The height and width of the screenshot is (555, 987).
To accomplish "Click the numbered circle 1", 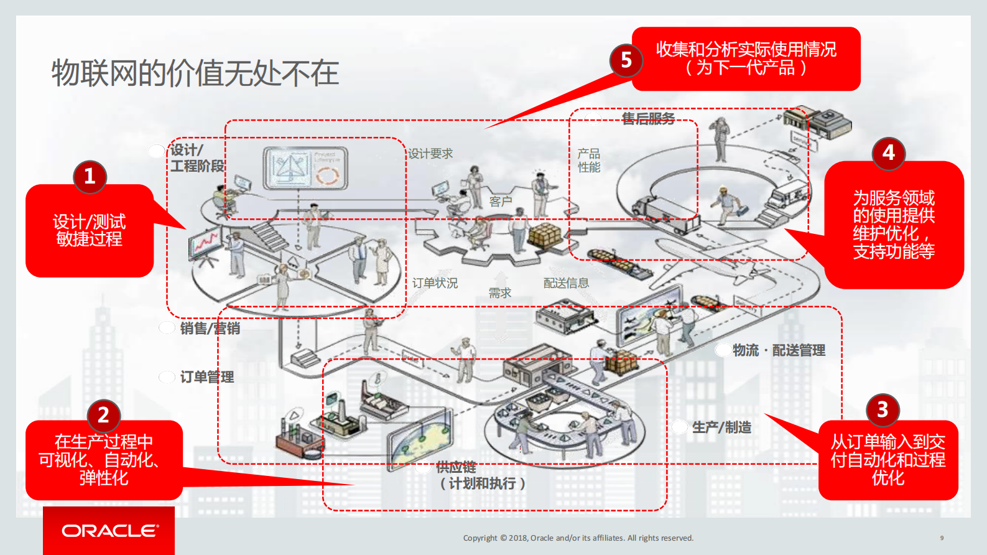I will [90, 176].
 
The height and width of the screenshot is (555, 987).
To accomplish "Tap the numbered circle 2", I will [104, 414].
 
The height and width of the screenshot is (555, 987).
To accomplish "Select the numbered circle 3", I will [883, 409].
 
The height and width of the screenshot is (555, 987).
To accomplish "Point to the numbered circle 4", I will [888, 152].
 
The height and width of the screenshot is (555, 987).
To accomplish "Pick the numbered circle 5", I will [626, 60].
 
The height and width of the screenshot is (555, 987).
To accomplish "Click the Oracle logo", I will [109, 531].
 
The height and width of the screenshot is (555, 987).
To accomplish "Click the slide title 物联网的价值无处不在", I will [195, 73].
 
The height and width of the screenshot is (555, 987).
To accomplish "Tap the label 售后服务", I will [648, 119].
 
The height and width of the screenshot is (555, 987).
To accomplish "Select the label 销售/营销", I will [210, 328].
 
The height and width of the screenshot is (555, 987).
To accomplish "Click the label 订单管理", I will [206, 376].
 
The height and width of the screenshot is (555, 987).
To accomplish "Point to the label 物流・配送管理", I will [779, 350].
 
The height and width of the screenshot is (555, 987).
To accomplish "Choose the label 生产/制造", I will [721, 427].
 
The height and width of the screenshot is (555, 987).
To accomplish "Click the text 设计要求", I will [430, 154].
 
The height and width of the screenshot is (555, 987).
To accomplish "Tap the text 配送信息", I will [566, 283].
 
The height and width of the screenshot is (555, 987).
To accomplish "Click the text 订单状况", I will [435, 283].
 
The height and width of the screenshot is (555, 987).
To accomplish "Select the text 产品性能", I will [588, 161].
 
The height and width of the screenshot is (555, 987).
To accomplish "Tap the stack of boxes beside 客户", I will [544, 235].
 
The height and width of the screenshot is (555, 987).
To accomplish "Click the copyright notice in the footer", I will [578, 538].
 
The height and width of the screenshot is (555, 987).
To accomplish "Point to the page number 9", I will [942, 538].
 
